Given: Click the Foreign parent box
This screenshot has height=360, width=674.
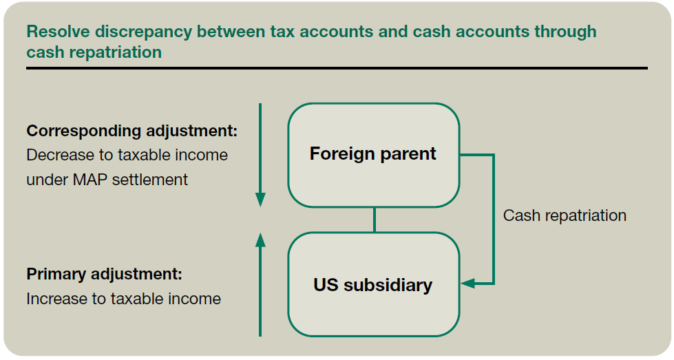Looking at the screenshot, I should point(373,155).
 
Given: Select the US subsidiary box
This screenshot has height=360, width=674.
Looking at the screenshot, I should point(373,284).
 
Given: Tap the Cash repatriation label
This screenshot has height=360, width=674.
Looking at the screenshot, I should point(565,215).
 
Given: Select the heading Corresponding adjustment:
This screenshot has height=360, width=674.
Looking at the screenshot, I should point(131,131).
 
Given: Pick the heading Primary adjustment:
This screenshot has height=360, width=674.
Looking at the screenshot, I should point(104,274).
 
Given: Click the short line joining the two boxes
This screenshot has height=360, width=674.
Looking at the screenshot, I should point(374,220).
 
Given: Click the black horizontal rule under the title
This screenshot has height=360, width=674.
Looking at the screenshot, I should point(337,68).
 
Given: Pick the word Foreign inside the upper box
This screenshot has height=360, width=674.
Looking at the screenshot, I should point(341,153).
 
